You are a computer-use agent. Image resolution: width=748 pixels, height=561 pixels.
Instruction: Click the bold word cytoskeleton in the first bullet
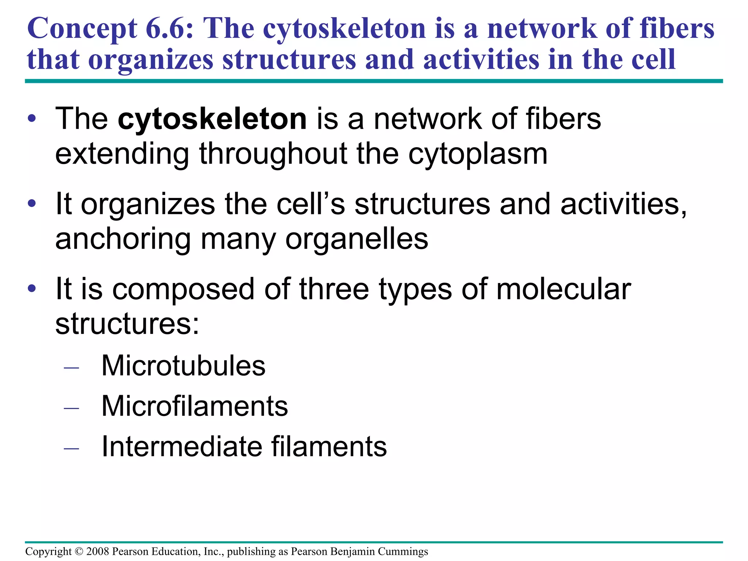[212, 119]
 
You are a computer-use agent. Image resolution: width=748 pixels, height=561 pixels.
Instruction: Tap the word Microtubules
[183, 366]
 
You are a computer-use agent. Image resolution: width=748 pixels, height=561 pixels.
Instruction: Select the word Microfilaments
[195, 406]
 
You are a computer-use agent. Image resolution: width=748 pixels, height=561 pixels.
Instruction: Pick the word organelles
[356, 239]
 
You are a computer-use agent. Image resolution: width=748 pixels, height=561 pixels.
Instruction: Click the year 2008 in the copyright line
[98, 551]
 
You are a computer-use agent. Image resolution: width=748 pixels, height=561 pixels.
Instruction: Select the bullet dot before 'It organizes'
[32, 203]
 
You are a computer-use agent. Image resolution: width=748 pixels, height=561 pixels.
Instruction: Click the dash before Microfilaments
[71, 408]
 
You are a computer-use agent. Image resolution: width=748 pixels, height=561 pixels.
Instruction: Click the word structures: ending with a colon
[127, 324]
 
